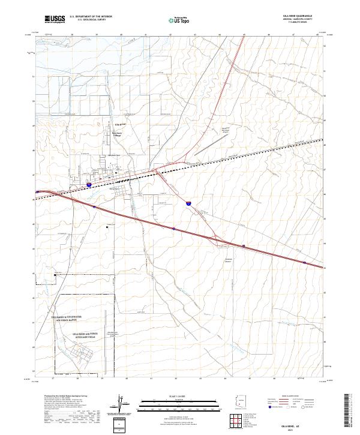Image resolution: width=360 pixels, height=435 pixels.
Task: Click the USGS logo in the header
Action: [x=55, y=20]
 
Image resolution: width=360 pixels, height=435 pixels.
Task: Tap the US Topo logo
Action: [x=177, y=20]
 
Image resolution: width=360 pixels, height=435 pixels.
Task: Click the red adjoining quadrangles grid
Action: [x=239, y=421]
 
